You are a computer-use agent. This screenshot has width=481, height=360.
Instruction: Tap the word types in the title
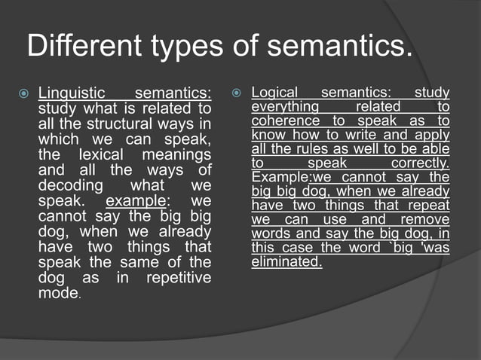[185, 47]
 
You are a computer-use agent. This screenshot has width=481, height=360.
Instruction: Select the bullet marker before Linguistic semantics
[23, 94]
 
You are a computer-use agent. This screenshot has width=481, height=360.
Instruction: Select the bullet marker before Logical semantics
[236, 94]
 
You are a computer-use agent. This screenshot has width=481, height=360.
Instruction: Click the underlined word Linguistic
[72, 94]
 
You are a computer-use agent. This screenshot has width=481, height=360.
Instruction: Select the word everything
[286, 107]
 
